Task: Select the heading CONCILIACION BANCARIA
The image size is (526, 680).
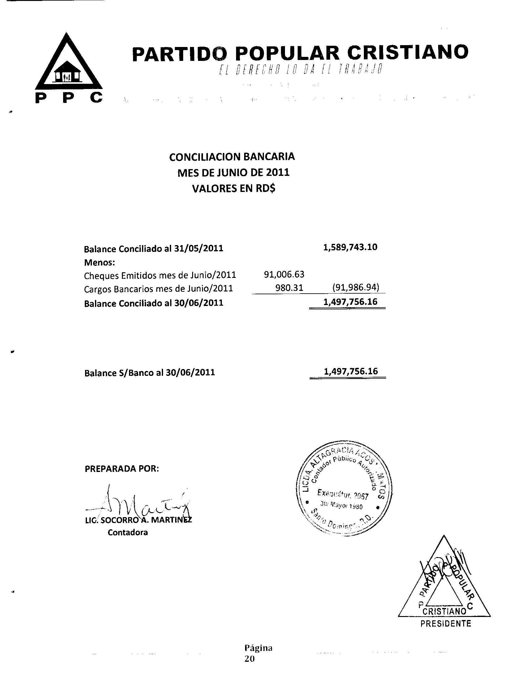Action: (232, 157)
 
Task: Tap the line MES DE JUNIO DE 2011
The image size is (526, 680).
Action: (233, 172)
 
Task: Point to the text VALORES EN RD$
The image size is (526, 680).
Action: (234, 189)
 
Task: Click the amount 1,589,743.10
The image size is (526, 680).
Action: (350, 247)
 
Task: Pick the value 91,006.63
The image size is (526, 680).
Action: (284, 274)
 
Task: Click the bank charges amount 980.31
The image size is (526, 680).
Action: (289, 288)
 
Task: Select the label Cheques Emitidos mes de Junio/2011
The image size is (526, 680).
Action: (160, 275)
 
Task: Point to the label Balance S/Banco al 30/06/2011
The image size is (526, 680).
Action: (149, 373)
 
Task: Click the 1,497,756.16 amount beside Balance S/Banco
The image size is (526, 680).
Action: (351, 371)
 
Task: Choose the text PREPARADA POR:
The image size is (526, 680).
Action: (122, 469)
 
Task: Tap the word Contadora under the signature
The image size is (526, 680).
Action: (128, 533)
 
